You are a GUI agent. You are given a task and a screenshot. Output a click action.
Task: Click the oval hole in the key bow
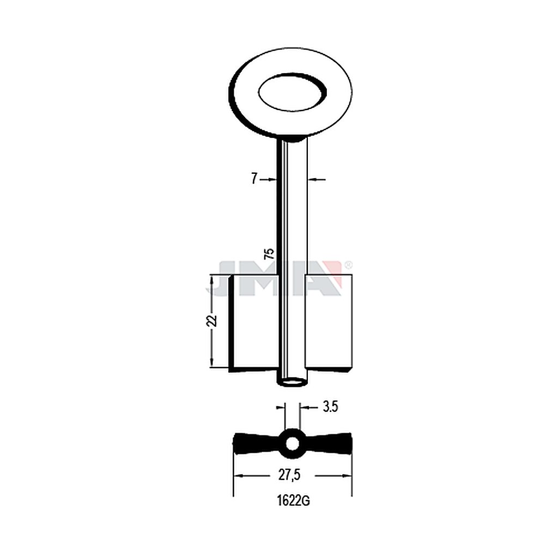292,93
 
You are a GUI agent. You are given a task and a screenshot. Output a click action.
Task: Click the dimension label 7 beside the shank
254,179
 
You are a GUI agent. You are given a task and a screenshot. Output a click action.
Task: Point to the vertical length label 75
270,253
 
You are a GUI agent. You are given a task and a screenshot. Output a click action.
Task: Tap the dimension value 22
213,320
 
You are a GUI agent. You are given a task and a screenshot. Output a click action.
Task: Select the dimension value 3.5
330,407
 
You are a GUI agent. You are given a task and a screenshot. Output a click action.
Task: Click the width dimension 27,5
289,475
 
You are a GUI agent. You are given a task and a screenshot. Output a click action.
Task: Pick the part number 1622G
293,501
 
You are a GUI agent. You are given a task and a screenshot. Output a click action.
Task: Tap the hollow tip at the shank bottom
292,383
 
